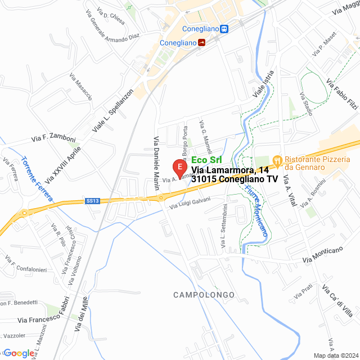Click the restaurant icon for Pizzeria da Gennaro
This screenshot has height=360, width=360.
point(277,160)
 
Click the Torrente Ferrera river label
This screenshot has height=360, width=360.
point(37,178)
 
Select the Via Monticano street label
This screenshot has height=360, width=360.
point(322,255)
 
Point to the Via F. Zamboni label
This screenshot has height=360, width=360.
point(53,138)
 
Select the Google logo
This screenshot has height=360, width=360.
point(18,353)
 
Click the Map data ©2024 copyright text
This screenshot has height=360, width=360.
point(336,355)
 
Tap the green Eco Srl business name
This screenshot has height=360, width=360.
point(206,160)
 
